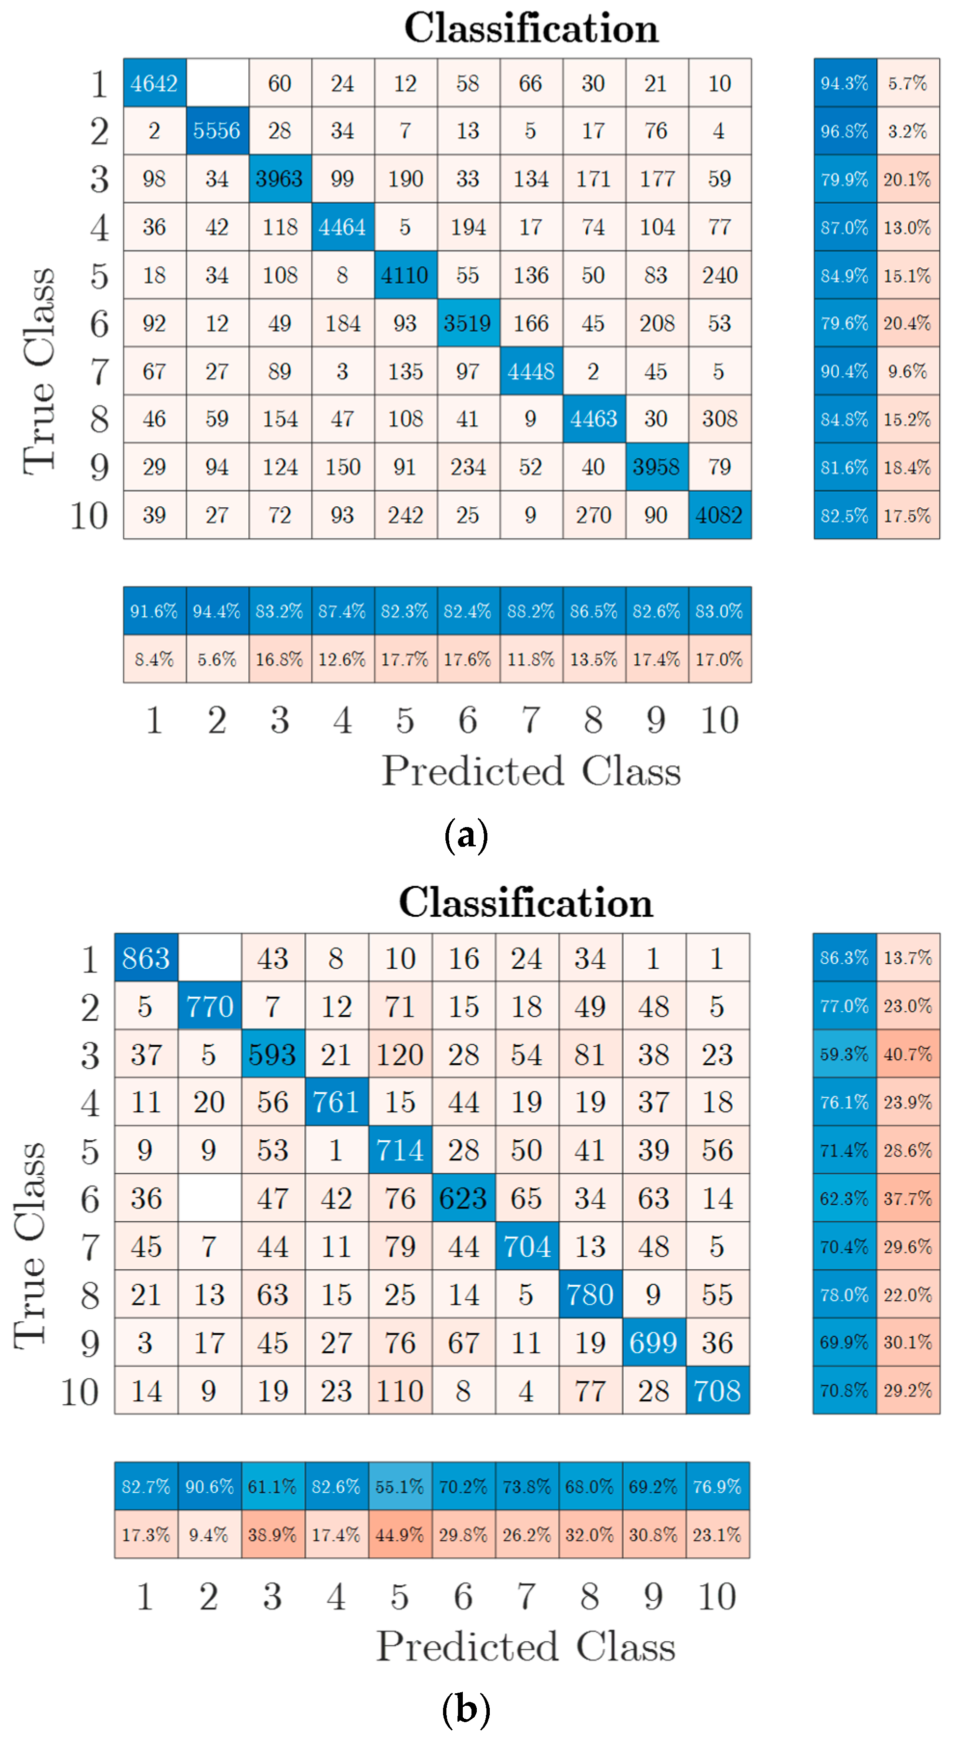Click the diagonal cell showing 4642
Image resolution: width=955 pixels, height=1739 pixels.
point(154,83)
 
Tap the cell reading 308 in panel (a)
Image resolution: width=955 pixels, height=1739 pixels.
point(719,419)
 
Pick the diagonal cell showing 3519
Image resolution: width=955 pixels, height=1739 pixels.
point(467,323)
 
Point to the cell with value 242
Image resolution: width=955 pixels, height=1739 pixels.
point(404,515)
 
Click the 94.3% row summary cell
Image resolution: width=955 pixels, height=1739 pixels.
point(844,83)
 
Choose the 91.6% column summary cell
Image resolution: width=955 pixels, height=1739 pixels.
point(154,611)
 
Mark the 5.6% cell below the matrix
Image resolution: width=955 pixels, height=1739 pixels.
point(217,659)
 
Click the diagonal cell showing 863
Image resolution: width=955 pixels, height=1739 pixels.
point(146,958)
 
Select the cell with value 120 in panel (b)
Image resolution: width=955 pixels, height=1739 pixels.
point(400,1054)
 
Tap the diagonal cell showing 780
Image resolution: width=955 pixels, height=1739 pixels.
point(590,1295)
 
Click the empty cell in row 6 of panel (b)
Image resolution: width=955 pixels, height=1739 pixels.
point(209,1198)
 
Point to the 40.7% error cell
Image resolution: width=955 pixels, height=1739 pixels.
point(908,1054)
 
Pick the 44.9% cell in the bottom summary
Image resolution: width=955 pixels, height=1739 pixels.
point(400,1534)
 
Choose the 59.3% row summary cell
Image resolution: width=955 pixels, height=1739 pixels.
point(844,1054)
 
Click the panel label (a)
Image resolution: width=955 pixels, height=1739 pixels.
point(466,836)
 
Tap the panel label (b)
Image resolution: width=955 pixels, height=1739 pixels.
point(466,1710)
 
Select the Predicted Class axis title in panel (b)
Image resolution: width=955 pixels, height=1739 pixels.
point(525,1647)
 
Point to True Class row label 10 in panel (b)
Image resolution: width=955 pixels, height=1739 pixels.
point(80,1391)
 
